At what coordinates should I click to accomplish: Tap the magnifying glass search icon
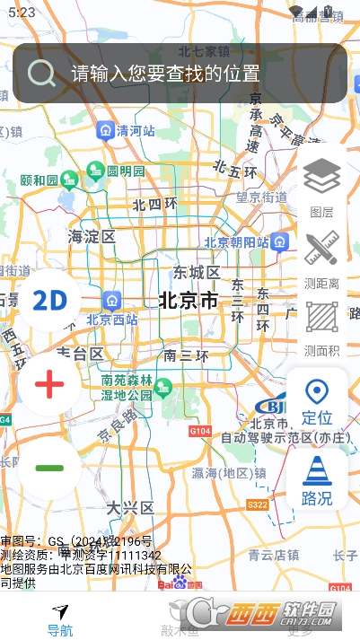pyautogui.click(x=41, y=73)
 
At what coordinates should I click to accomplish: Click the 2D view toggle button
pyautogui.click(x=49, y=300)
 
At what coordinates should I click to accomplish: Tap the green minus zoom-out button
pyautogui.click(x=49, y=468)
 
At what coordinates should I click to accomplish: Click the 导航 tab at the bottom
pyautogui.click(x=60, y=620)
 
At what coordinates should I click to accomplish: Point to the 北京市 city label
pyautogui.click(x=189, y=301)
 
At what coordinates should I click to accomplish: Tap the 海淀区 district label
pyautogui.click(x=92, y=237)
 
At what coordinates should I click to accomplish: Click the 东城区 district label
pyautogui.click(x=197, y=272)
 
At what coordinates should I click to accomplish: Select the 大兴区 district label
pyautogui.click(x=131, y=508)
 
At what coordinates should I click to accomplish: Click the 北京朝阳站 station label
pyautogui.click(x=236, y=241)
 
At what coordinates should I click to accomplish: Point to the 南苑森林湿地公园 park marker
pyautogui.click(x=162, y=388)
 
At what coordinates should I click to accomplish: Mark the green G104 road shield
pyautogui.click(x=202, y=432)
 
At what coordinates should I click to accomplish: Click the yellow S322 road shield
pyautogui.click(x=257, y=505)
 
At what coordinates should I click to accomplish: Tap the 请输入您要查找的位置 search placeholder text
pyautogui.click(x=166, y=74)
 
